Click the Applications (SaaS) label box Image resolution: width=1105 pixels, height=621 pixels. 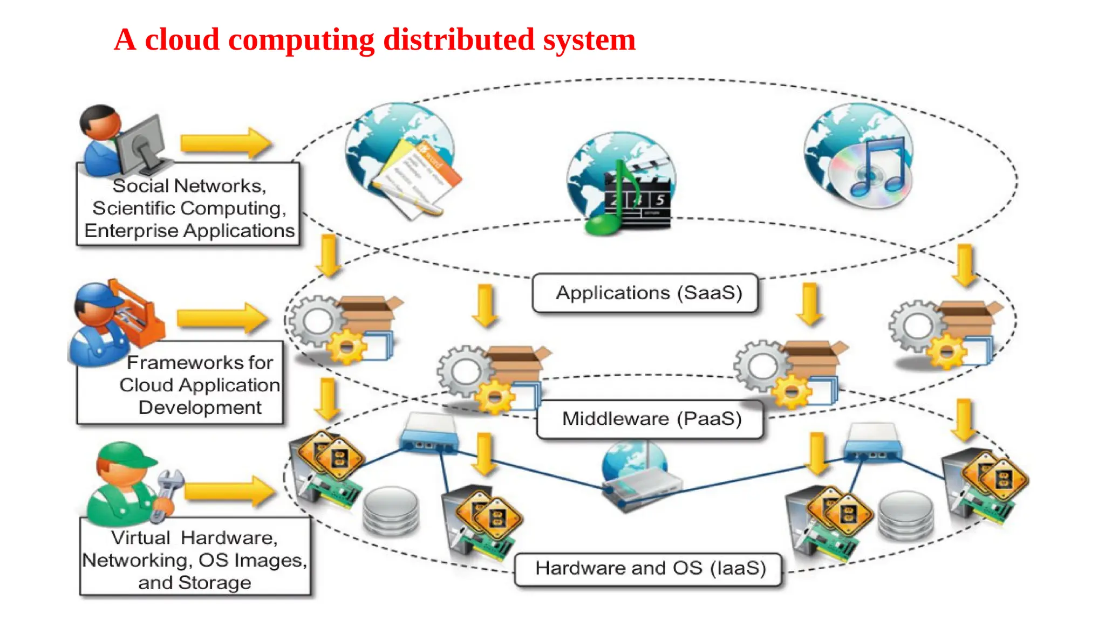click(x=645, y=293)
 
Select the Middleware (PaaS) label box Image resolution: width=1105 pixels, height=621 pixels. click(x=650, y=419)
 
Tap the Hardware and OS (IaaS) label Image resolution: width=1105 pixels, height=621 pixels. click(x=649, y=569)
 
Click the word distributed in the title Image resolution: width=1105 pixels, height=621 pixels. click(x=458, y=40)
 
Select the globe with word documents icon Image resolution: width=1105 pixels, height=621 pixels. click(x=402, y=159)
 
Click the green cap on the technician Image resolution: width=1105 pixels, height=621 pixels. click(x=127, y=455)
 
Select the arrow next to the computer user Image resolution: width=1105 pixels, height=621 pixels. click(x=226, y=143)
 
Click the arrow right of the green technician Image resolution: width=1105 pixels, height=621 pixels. click(x=229, y=491)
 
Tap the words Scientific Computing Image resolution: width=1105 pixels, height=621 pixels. click(x=188, y=208)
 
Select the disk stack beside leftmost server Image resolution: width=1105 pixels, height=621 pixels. click(x=391, y=510)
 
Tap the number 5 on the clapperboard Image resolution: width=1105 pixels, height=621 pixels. click(x=660, y=200)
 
